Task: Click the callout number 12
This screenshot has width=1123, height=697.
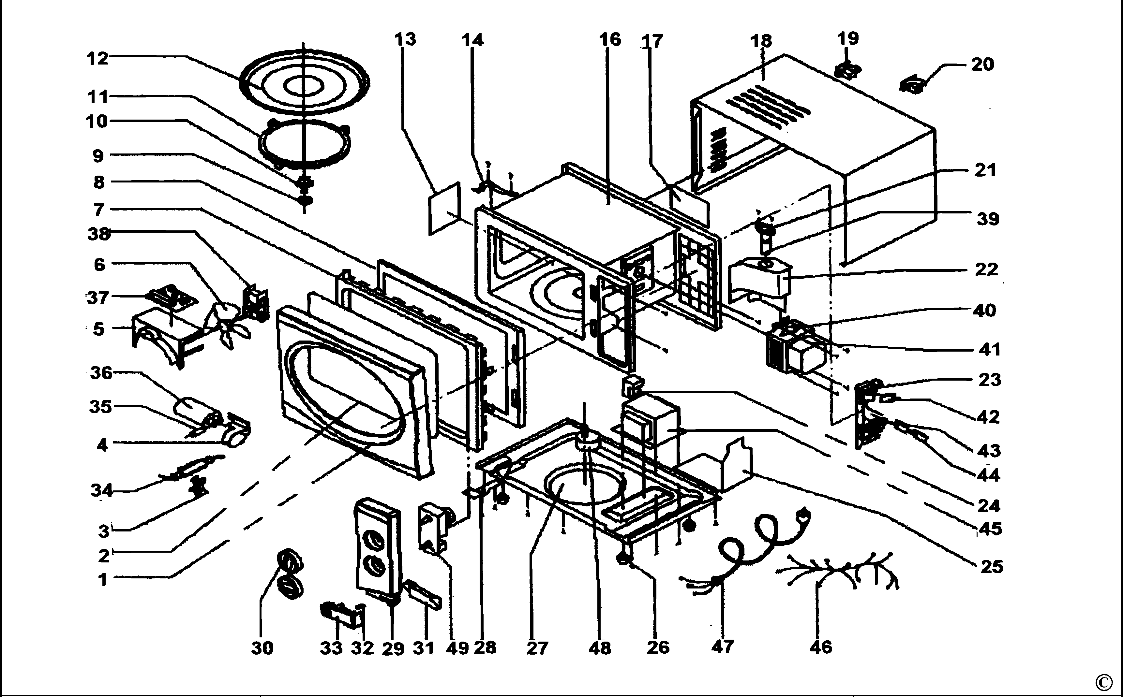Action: click(x=98, y=59)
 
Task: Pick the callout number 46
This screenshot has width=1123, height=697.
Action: click(x=821, y=647)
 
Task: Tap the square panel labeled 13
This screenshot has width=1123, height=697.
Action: click(x=444, y=208)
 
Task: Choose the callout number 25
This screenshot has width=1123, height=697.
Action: click(x=992, y=566)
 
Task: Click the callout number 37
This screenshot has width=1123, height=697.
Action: click(x=98, y=298)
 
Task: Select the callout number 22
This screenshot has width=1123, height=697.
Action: click(x=986, y=269)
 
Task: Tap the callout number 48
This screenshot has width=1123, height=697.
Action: click(x=600, y=648)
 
